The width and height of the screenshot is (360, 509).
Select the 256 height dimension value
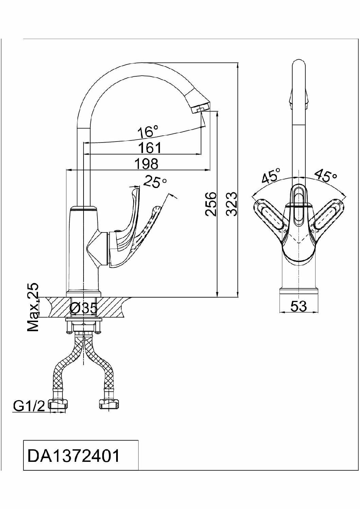pyautogui.click(x=211, y=204)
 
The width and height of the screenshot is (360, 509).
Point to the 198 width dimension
pyautogui.click(x=146, y=164)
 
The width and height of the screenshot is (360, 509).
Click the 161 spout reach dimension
pyautogui.click(x=150, y=148)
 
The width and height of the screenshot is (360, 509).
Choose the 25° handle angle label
pyautogui.click(x=155, y=182)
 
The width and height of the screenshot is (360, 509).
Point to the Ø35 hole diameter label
pyautogui.click(x=84, y=308)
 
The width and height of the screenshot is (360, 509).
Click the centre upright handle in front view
pyautogui.click(x=299, y=205)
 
